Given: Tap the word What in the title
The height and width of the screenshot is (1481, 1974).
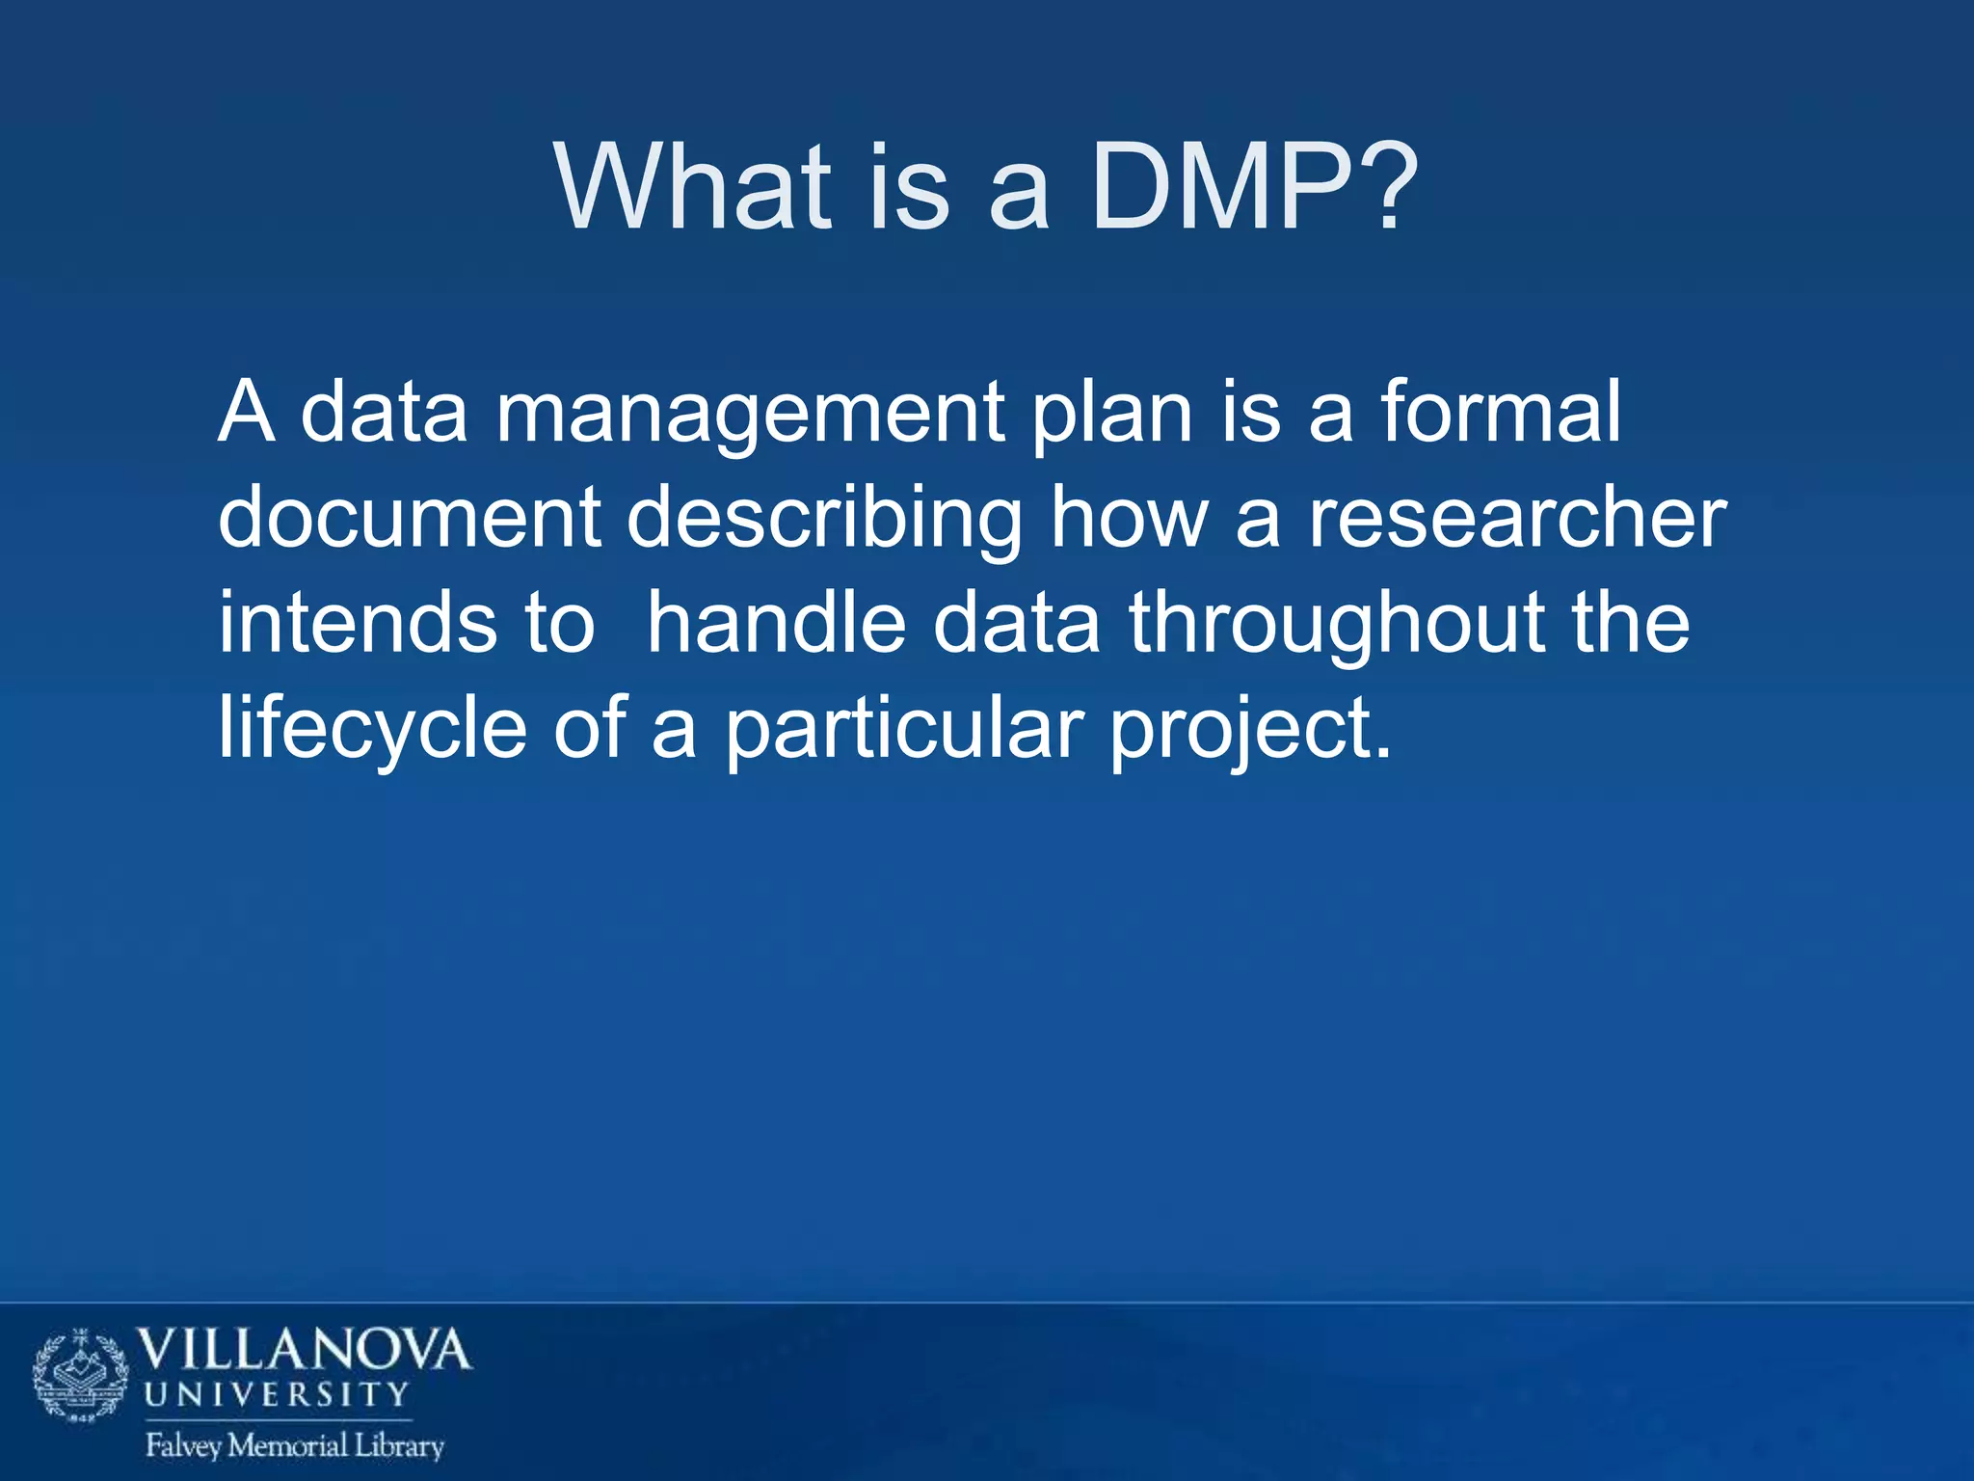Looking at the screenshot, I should click(x=692, y=188).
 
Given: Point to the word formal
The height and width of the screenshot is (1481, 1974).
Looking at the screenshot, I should click(x=1500, y=413).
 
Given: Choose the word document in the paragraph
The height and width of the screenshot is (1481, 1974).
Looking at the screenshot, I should click(x=410, y=518).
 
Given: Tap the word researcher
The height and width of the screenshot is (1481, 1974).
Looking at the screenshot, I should click(x=1517, y=518).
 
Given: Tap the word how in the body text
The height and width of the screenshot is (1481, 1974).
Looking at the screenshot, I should click(x=1129, y=518).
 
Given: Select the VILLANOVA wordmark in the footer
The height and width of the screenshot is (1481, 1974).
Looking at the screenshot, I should click(x=305, y=1350).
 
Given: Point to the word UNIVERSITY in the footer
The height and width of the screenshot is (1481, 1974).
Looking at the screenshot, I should click(x=278, y=1394).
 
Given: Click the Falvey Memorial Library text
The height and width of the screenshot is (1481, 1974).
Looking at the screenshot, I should click(x=295, y=1445).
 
